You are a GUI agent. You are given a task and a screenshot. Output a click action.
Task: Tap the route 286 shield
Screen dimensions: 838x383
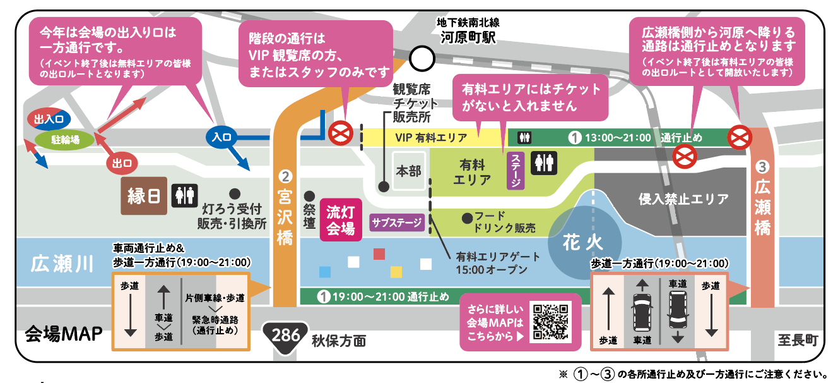[286, 335]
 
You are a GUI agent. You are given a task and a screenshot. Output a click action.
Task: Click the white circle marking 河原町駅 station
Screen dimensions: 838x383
[422, 59]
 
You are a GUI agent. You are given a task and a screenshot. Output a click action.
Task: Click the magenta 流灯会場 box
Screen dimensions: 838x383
[341, 220]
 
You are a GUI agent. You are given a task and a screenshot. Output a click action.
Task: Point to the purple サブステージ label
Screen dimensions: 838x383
[396, 222]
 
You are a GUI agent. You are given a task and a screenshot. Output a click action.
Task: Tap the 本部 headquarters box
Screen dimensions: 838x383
[408, 171]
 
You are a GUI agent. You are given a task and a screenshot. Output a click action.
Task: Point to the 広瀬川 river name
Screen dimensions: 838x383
[62, 263]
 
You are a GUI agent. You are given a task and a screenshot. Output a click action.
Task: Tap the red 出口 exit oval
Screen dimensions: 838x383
[121, 163]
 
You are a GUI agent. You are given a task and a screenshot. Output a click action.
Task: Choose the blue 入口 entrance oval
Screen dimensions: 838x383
[222, 136]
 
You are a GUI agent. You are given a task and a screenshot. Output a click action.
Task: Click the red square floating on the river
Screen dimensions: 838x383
[379, 254]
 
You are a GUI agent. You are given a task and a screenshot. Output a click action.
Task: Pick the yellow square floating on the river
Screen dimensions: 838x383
[396, 272]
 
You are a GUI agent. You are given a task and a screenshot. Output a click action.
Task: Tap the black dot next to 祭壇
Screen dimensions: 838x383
[309, 196]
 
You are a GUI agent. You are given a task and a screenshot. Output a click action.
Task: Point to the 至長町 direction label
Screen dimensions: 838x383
[798, 341]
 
